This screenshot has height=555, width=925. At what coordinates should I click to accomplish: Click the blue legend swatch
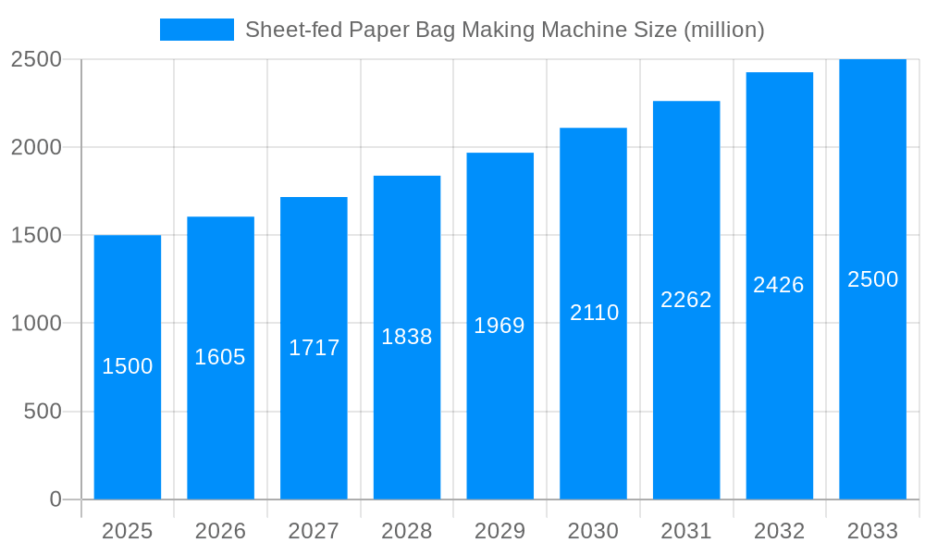(x=196, y=30)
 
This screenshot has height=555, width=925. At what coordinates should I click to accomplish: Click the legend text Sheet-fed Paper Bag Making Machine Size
(x=504, y=30)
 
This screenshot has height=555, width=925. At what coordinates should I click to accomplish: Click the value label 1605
(x=220, y=357)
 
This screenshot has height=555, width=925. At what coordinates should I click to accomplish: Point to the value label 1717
(x=314, y=348)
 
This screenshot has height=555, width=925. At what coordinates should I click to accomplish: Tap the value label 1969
(x=499, y=326)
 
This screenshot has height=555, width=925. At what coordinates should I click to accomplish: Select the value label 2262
(x=686, y=300)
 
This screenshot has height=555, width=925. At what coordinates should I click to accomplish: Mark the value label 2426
(x=779, y=285)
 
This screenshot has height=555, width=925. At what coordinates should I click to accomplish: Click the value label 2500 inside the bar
(x=872, y=279)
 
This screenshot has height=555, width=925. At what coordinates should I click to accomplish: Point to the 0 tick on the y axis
(x=55, y=499)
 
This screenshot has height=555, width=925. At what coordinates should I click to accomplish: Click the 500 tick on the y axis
(x=43, y=412)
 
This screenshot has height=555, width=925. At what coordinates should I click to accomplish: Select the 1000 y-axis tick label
(x=36, y=324)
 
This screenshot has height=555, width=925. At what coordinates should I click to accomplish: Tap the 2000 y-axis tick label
(x=36, y=147)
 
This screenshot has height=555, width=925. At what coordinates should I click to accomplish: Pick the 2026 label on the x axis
(x=220, y=531)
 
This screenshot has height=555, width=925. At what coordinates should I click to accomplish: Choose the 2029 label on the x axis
(x=499, y=531)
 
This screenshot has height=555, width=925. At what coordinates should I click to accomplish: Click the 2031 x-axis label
(x=686, y=531)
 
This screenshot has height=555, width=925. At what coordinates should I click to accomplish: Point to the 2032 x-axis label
(x=779, y=531)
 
